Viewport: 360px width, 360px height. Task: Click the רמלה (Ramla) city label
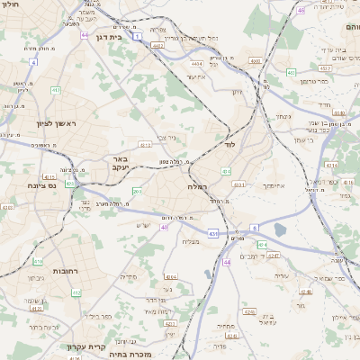[197, 185]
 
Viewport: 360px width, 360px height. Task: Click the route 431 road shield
[212, 234]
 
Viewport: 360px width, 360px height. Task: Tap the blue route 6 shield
[255, 229]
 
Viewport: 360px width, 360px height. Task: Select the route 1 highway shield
[137, 37]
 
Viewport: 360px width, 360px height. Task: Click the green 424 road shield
[262, 245]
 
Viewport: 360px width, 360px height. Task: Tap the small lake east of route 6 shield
[280, 230]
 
